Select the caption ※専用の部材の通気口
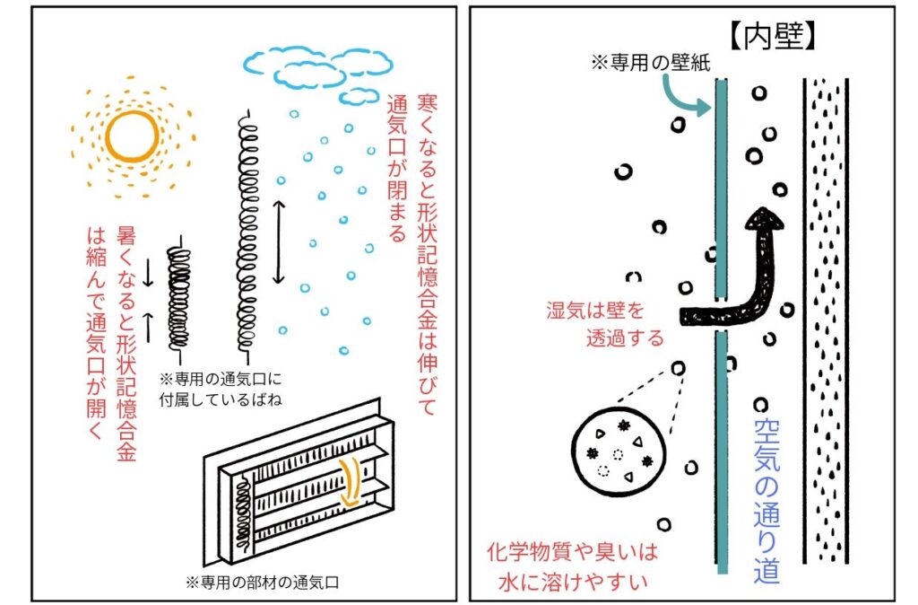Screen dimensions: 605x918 (263, 581)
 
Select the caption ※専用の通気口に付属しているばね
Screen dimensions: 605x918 (220, 388)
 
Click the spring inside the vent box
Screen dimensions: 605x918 (241, 512)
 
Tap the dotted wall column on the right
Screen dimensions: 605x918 (824, 319)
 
